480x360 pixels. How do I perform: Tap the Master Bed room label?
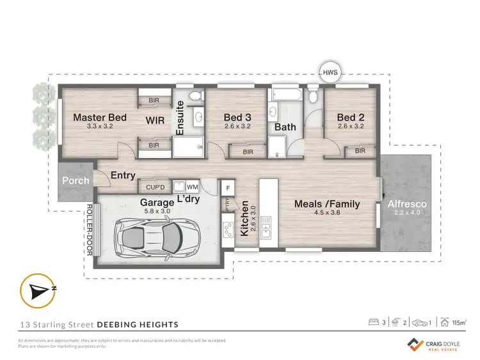(x=99, y=118)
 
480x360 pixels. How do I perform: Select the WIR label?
(x=156, y=120)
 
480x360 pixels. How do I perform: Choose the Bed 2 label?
(x=350, y=118)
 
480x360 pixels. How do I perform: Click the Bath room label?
(x=285, y=127)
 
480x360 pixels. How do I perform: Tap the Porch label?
(x=76, y=180)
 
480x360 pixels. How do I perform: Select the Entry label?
(x=123, y=175)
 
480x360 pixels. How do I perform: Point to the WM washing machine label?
(x=191, y=187)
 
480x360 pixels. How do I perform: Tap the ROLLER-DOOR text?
(x=90, y=229)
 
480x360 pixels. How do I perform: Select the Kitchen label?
(x=244, y=219)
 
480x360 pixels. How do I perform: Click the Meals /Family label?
(x=326, y=204)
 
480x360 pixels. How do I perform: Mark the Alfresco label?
(x=407, y=204)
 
